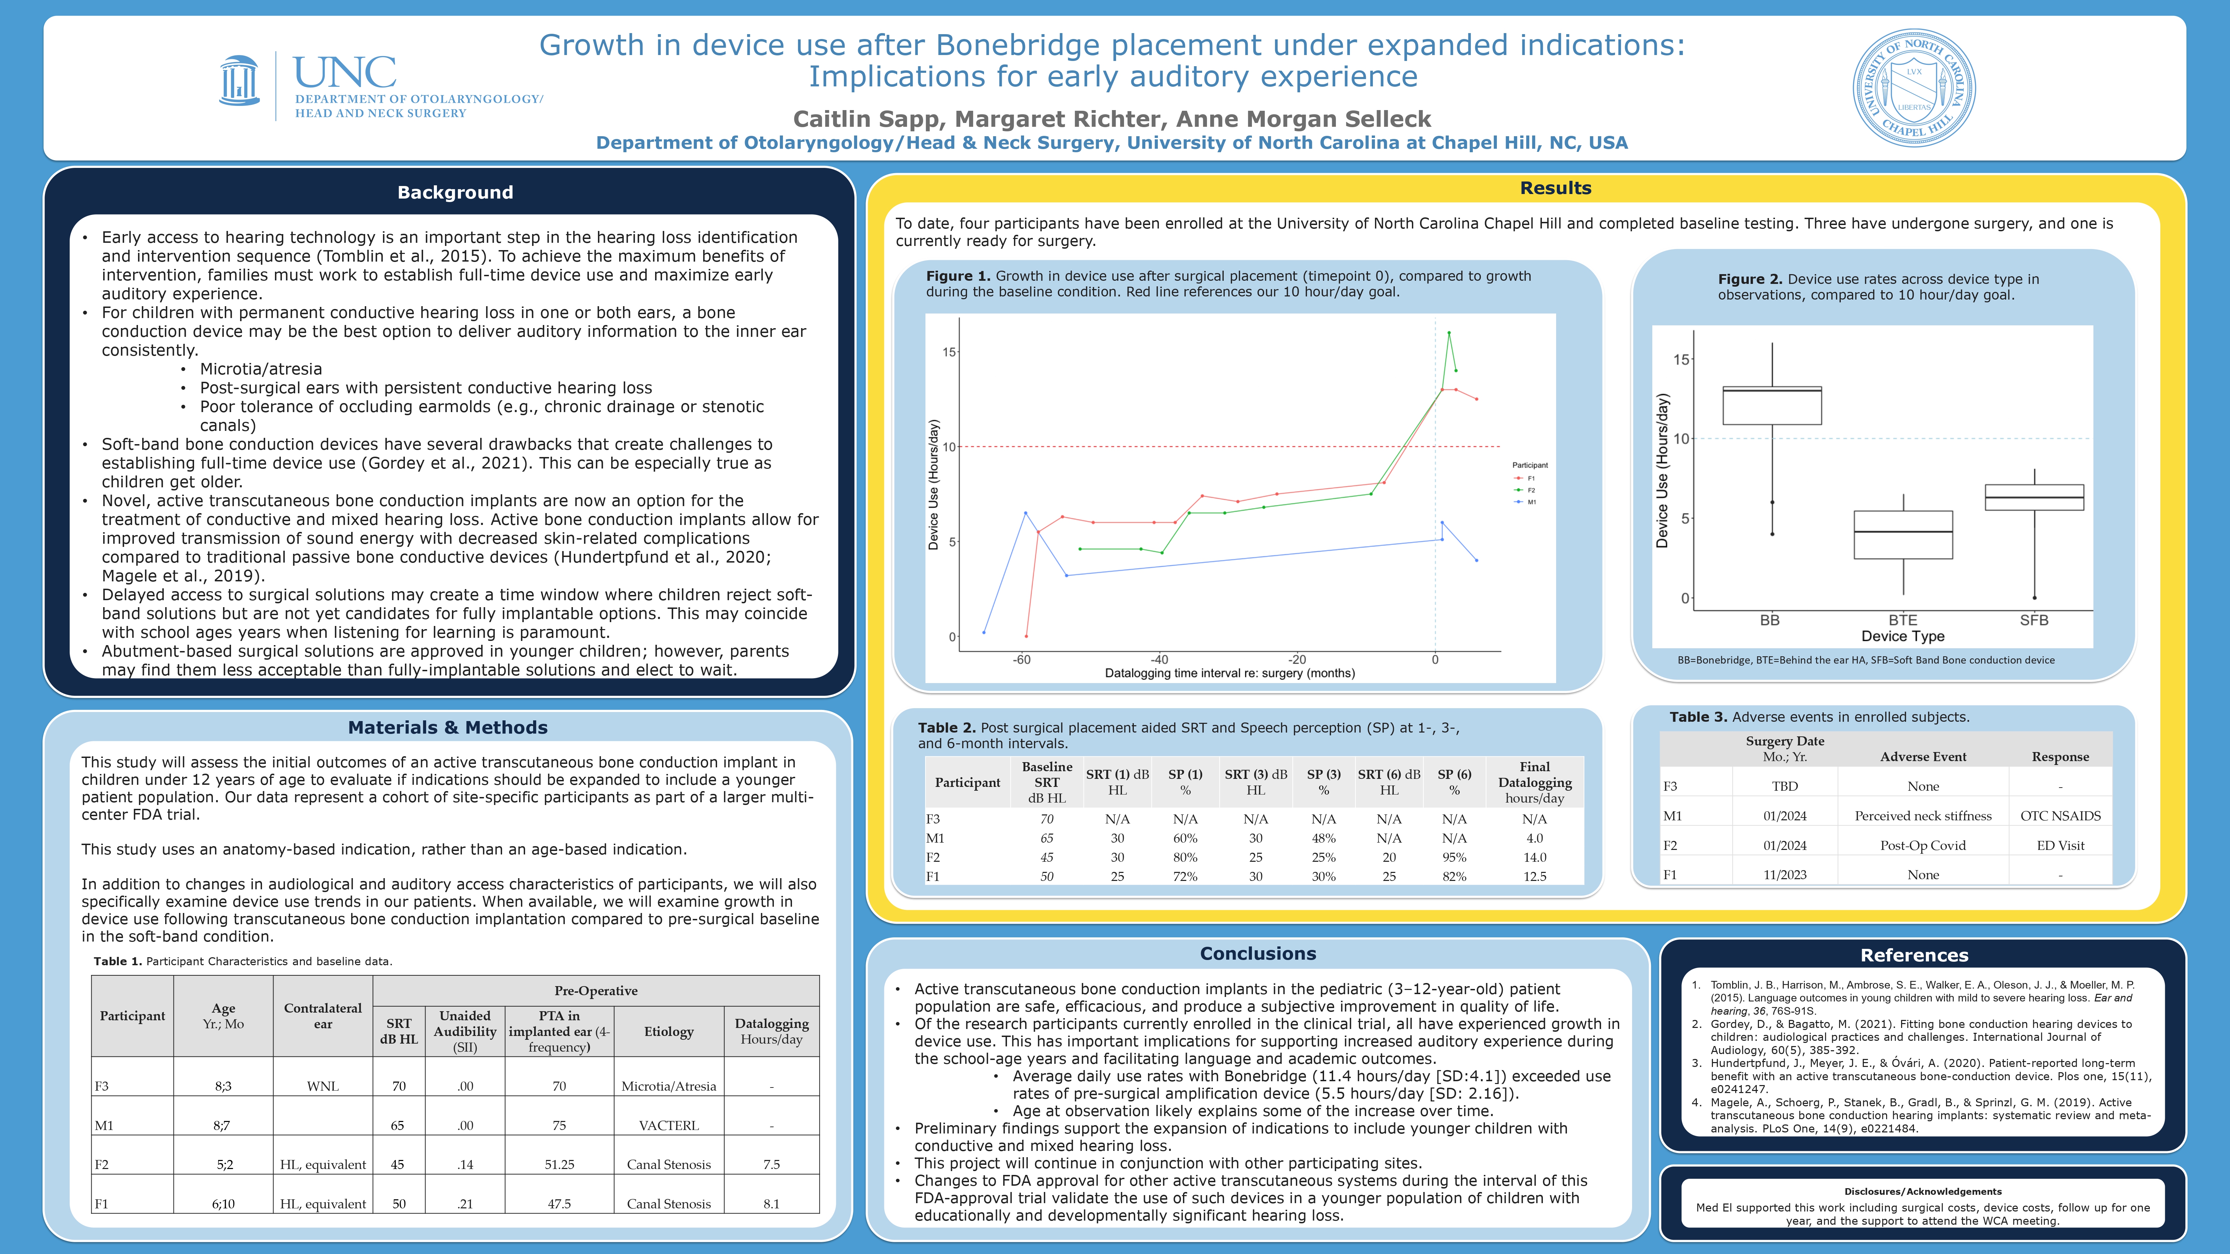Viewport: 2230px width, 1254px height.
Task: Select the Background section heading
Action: (455, 192)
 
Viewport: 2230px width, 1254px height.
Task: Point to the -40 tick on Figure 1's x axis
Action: (1159, 659)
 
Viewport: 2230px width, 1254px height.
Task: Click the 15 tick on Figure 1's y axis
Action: (949, 352)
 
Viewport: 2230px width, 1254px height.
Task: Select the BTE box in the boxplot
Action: (1903, 535)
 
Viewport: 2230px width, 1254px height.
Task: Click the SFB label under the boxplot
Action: (2033, 620)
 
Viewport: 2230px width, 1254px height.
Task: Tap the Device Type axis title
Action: (1903, 636)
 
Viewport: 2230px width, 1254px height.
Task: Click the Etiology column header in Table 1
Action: (668, 1031)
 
